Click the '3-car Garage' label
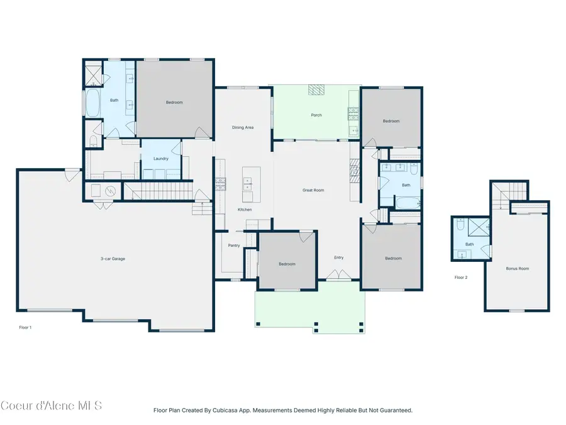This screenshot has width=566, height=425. coord(113,259)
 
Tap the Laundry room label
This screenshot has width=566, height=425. coord(161,159)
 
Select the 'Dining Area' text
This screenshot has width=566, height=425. coord(243,128)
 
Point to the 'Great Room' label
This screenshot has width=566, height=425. coord(313,190)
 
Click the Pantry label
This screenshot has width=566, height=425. coord(234,246)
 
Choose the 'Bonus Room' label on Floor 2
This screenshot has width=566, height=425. coord(518,268)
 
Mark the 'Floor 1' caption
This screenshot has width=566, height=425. coord(25,327)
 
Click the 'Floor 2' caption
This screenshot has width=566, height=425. coord(461,277)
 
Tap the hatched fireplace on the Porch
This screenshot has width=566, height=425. coord(316,90)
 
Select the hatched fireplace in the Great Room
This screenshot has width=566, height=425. coord(353,170)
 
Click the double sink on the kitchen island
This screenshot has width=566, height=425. coord(248,184)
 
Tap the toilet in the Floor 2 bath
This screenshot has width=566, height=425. coord(461,225)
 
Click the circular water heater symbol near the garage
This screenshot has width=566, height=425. coord(109,191)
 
